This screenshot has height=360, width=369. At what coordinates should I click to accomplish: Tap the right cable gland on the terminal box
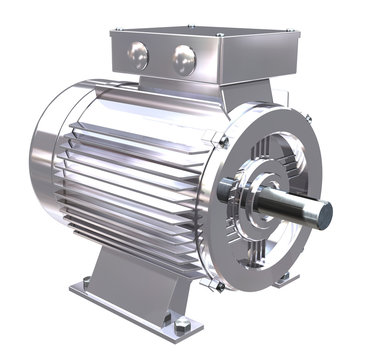(184, 59)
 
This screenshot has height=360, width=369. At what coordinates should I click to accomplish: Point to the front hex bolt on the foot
(183, 324)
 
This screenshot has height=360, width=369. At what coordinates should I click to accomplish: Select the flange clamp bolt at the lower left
(218, 285)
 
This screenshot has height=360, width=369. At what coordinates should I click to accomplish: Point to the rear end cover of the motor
(45, 160)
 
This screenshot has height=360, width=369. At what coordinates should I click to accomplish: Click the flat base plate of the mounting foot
(130, 310)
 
